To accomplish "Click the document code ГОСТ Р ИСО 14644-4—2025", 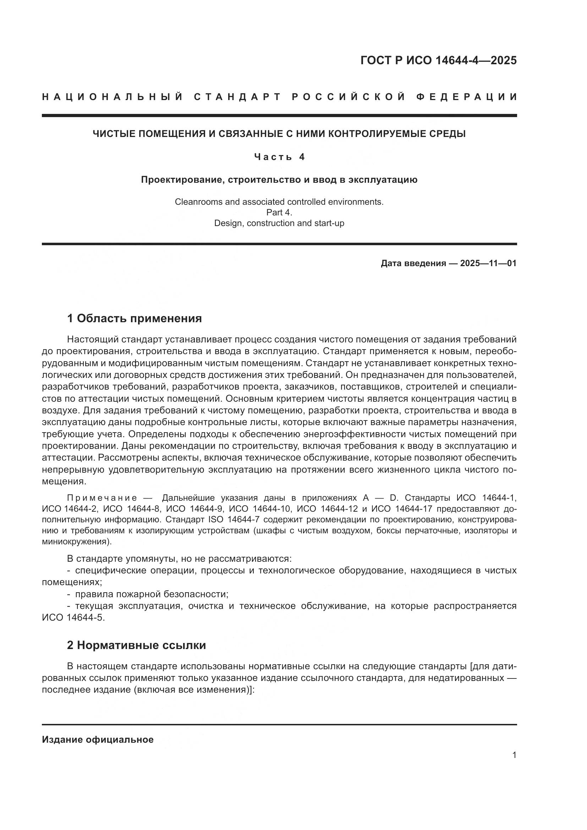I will coord(438,60).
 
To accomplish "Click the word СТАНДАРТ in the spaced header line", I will coord(237,97).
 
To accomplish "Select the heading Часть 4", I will coord(279,157).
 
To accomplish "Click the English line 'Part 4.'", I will coord(279,213).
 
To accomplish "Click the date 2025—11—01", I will coord(488,264).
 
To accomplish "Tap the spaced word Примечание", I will coord(102,498).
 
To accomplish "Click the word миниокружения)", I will coord(77,542).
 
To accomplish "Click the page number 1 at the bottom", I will coord(514,755).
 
